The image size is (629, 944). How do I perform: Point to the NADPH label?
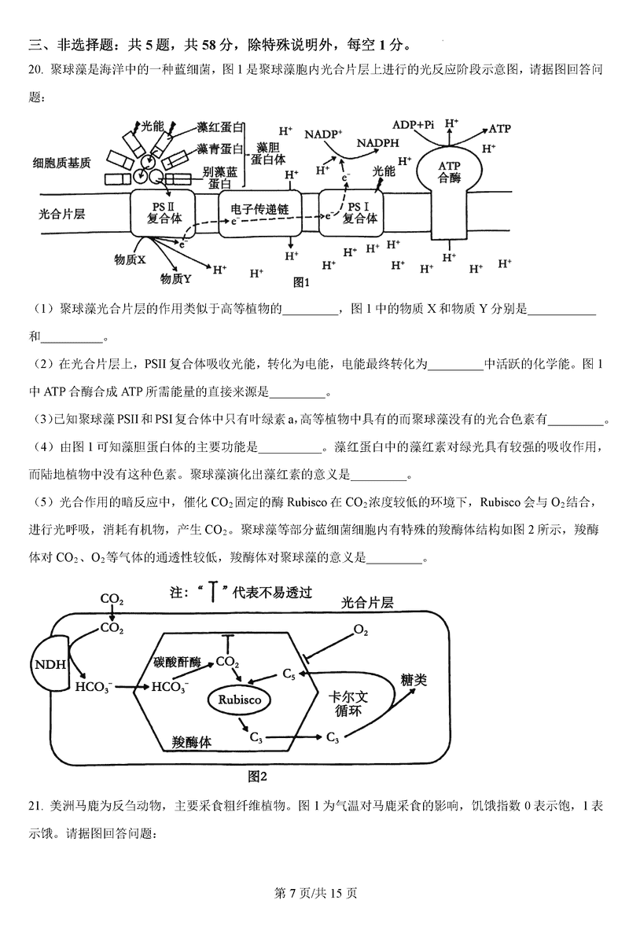pos(377,143)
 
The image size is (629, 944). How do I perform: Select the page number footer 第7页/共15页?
pos(314,893)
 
